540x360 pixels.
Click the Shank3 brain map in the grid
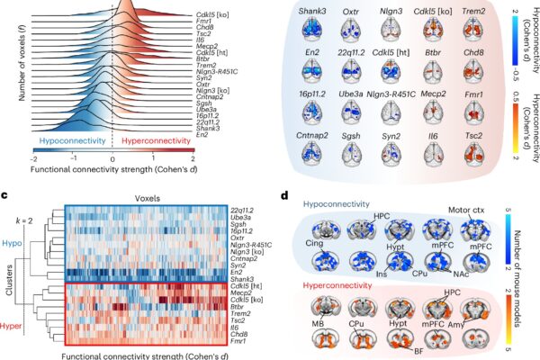312,30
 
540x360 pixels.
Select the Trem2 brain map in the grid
473,30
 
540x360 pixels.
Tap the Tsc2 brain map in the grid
473,154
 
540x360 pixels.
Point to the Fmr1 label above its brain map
473,94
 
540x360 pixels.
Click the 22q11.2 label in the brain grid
351,53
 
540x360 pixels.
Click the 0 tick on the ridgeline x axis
112,159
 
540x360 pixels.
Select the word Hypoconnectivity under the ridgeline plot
72,140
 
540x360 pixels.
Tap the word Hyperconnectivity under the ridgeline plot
156,140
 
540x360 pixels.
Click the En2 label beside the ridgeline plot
202,135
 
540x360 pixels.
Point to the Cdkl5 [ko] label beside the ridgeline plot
212,14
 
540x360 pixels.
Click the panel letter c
4,195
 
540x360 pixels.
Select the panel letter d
284,195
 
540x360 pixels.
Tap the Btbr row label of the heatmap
237,307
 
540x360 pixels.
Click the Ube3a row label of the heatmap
240,218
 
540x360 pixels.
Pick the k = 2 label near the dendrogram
24,220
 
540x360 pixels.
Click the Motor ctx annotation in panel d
466,210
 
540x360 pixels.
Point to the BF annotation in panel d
418,351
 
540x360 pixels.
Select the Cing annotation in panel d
314,243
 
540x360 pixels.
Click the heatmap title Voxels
148,198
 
